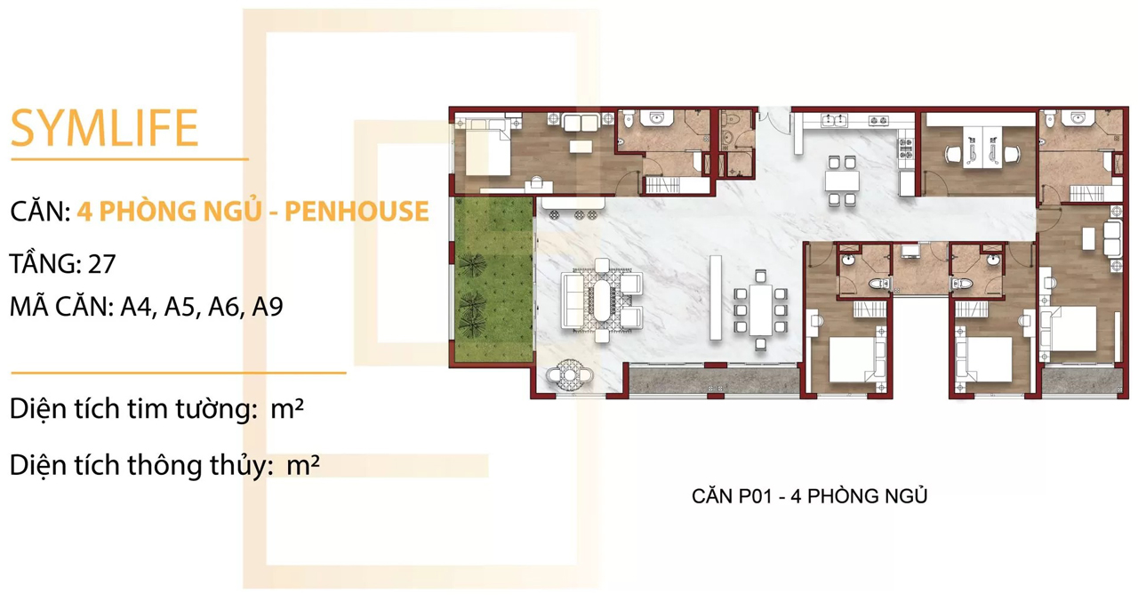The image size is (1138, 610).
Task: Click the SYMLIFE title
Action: [104, 127]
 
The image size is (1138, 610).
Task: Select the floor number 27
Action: [101, 264]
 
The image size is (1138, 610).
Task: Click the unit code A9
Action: [268, 307]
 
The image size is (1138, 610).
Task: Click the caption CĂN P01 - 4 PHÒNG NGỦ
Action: [809, 495]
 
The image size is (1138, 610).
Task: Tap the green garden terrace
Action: [492, 280]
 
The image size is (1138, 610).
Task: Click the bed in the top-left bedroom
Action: [485, 146]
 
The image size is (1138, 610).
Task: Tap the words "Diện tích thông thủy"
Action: [140, 465]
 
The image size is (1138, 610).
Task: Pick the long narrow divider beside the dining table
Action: [714, 299]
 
